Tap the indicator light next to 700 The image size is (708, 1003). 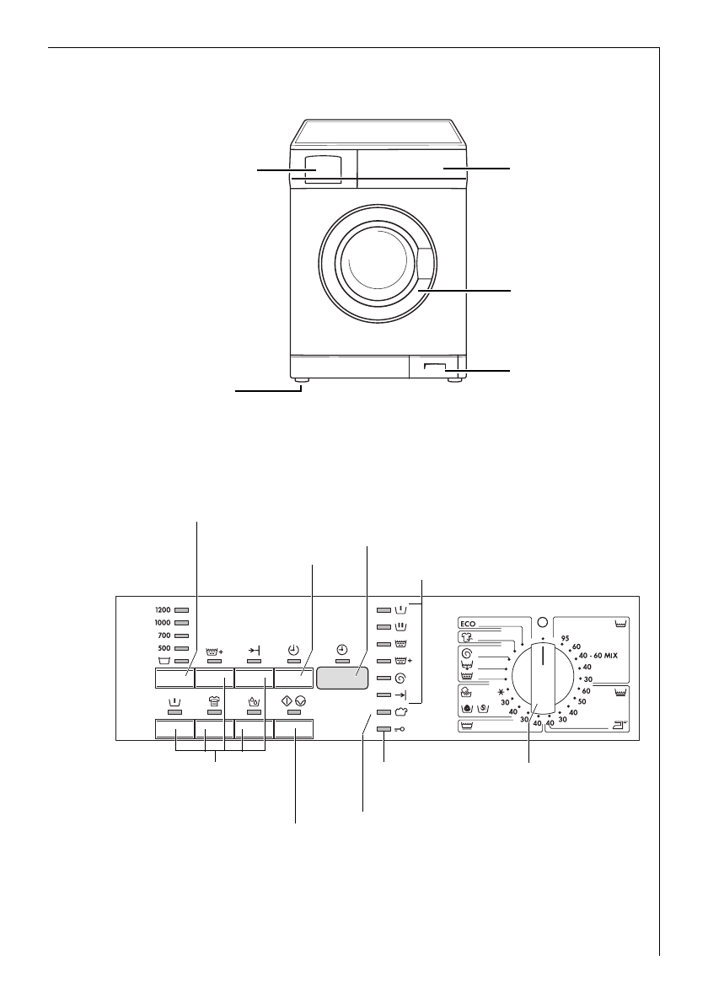181,636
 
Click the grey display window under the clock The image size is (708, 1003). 342,679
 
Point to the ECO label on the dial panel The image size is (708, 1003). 469,625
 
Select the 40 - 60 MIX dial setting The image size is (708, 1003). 598,655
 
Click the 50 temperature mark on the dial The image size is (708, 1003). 582,701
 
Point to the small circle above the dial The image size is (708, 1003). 542,622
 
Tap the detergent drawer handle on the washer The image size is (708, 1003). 317,168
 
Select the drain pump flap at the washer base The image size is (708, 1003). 436,367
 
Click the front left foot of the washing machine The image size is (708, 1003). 302,383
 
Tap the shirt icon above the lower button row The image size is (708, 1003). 215,701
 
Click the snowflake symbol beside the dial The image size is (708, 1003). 510,692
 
